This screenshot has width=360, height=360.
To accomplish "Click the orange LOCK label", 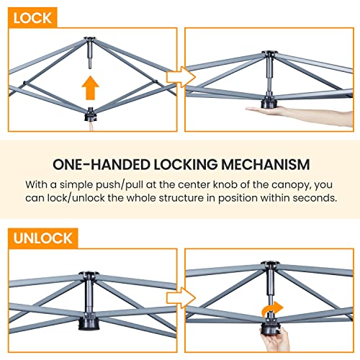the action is tap(32, 18).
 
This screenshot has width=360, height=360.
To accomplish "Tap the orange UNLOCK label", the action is tap(43, 238).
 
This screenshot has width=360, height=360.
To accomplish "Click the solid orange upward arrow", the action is tap(90, 88).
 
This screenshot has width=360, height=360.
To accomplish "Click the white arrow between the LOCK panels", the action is tap(181, 77).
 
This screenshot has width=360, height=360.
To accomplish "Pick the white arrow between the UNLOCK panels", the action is tap(181, 298).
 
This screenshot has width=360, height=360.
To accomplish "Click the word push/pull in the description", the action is tap(120, 185).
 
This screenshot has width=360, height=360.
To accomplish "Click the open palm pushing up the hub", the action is tap(297, 114).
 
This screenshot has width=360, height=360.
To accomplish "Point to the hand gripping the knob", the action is tap(276, 339).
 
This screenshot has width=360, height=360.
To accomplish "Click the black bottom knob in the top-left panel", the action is tap(90, 115).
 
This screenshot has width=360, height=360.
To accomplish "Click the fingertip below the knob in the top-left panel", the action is tap(91, 126).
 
